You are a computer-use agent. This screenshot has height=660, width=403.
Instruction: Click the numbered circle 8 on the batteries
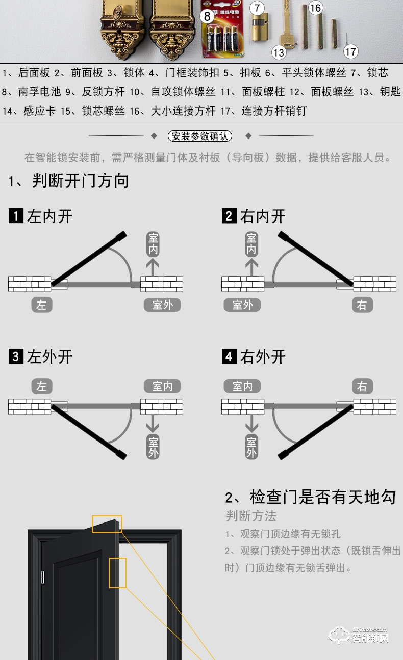tap(207, 16)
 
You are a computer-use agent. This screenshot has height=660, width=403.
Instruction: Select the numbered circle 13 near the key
tap(279, 52)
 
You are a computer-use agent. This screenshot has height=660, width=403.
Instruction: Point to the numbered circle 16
tap(316, 8)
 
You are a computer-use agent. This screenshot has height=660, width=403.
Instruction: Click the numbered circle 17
tap(350, 51)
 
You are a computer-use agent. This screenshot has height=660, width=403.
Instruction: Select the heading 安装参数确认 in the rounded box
tap(200, 136)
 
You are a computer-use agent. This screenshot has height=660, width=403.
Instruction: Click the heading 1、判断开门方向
tap(68, 181)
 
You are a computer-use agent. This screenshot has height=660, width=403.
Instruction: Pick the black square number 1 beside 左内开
tap(16, 216)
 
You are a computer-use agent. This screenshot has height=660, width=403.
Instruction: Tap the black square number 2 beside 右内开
tap(229, 216)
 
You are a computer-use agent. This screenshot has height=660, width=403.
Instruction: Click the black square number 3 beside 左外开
tap(16, 356)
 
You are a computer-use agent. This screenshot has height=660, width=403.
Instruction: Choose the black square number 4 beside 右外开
tap(229, 356)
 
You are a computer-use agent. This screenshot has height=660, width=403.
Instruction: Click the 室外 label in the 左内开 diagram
tap(162, 305)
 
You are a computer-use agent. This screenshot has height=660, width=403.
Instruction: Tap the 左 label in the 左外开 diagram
tap(41, 387)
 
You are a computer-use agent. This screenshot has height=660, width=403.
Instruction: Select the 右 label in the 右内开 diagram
tap(362, 305)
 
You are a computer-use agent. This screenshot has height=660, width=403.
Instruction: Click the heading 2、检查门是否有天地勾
tap(310, 497)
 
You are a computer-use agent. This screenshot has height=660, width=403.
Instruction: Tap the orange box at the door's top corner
tap(107, 524)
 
